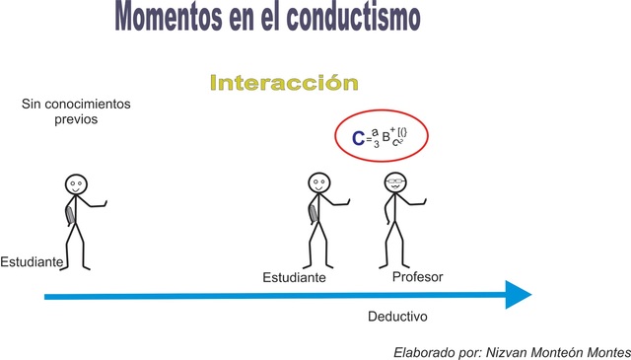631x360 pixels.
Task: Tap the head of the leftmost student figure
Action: pyautogui.click(x=77, y=184)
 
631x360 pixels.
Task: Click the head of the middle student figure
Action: pyautogui.click(x=318, y=182)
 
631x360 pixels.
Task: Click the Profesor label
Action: pyautogui.click(x=417, y=277)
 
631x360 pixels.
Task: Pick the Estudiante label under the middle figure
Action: pyautogui.click(x=294, y=278)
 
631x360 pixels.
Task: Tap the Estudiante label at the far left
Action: pyautogui.click(x=33, y=262)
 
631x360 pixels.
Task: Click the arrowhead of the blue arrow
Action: pyautogui.click(x=517, y=295)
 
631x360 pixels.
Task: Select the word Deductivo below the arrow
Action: pyautogui.click(x=397, y=319)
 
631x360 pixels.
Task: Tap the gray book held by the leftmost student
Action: pyautogui.click(x=67, y=214)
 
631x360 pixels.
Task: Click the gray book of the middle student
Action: pyautogui.click(x=312, y=211)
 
